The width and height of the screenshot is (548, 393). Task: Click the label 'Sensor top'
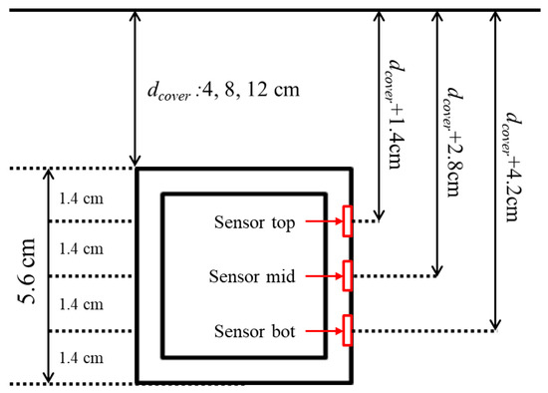pyautogui.click(x=253, y=221)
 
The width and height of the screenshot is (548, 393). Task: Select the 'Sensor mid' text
pyautogui.click(x=253, y=276)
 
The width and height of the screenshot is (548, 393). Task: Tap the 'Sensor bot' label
pyautogui.click(x=253, y=330)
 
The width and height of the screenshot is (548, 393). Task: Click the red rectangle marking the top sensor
pyautogui.click(x=347, y=221)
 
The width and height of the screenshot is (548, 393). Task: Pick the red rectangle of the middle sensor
pyautogui.click(x=347, y=275)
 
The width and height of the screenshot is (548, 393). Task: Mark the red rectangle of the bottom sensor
pyautogui.click(x=347, y=330)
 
